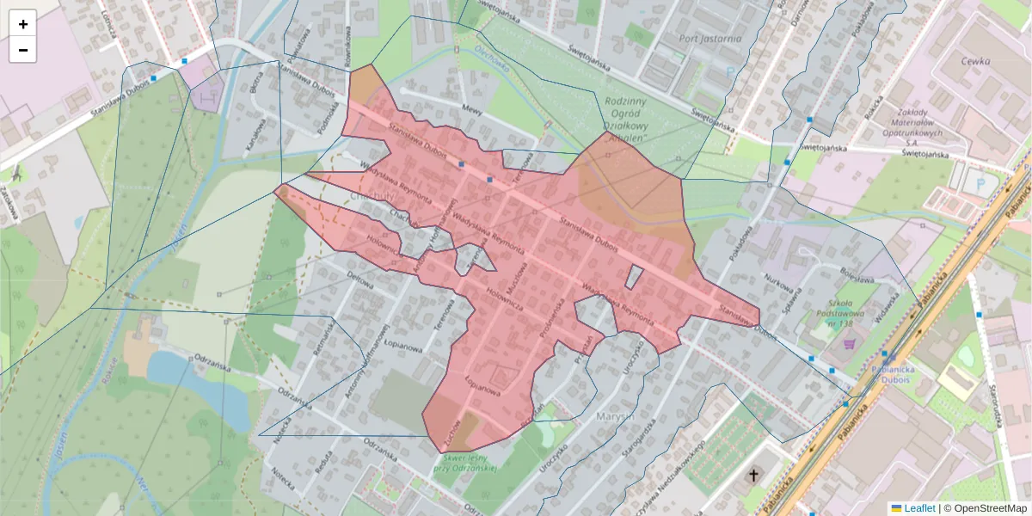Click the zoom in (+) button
[22, 24]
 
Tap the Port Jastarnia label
[709, 38]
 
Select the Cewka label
[976, 61]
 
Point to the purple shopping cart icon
[851, 344]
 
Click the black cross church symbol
[753, 476]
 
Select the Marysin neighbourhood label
[613, 416]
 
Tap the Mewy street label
[470, 109]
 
